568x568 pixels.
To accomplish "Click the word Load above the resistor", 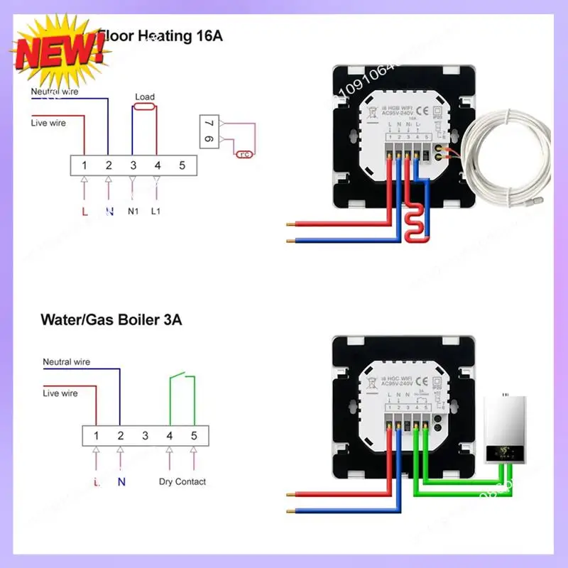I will click(x=144, y=97).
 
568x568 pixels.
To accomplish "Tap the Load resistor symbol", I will click(x=144, y=108).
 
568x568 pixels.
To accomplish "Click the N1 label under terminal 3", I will click(x=133, y=212).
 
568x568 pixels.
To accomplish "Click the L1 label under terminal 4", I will click(x=157, y=212).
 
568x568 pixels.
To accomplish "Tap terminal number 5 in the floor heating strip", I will click(x=182, y=165).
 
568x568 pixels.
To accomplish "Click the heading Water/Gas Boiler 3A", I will click(x=111, y=320).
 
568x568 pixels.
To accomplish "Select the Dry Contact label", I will click(x=182, y=481).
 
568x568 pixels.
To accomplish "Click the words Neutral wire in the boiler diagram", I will click(x=67, y=361).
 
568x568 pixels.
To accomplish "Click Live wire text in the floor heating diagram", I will click(x=48, y=123).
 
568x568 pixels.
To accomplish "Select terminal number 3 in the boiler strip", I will click(x=144, y=435).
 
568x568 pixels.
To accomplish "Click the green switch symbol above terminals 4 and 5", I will click(x=181, y=380).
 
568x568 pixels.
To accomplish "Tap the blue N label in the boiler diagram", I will click(x=121, y=481).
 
